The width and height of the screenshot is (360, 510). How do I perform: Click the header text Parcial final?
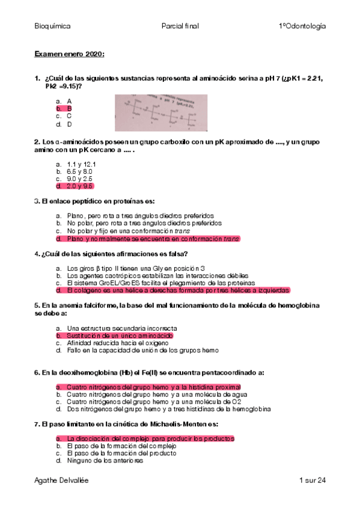click(180, 26)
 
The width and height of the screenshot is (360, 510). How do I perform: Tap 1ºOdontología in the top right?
click(302, 26)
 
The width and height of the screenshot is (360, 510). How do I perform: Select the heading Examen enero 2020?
click(69, 55)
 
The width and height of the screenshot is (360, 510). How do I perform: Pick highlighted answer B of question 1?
click(69, 109)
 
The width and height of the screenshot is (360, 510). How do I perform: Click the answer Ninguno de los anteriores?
click(105, 461)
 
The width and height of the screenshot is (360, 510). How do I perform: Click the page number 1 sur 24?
click(312, 481)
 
